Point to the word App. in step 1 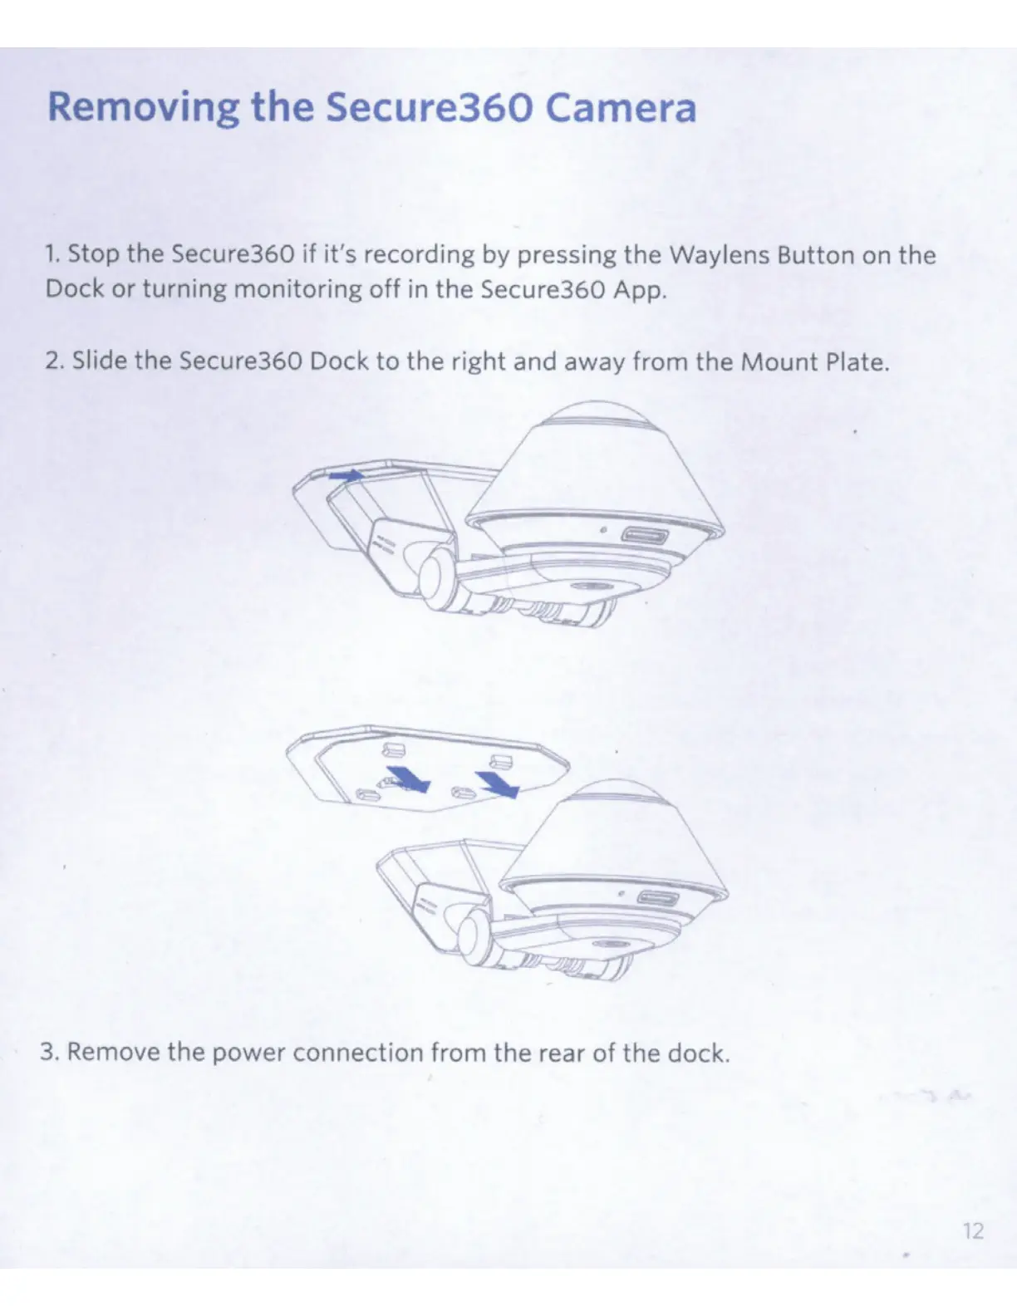tap(639, 290)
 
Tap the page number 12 tap(972, 1230)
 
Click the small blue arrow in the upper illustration tap(346, 475)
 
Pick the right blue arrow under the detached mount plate tap(498, 783)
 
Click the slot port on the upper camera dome tap(641, 534)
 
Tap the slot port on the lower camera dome tap(656, 898)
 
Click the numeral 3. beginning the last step tap(49, 1053)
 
